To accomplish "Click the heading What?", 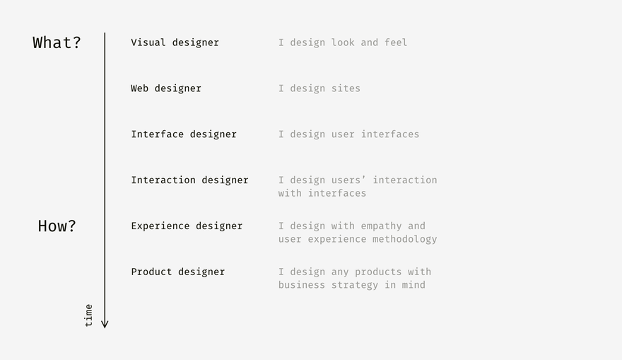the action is click(x=57, y=42).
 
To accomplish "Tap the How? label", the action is click(x=57, y=226).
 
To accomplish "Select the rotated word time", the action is click(x=88, y=315).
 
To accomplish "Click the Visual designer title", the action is click(x=175, y=42).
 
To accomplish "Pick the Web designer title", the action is click(x=166, y=88).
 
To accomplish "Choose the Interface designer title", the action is click(x=184, y=134).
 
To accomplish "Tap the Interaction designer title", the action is click(x=189, y=180).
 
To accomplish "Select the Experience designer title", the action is click(x=187, y=226).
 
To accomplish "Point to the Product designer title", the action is click(x=177, y=272).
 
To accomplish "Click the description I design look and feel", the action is click(x=343, y=42).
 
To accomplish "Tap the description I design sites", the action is click(x=319, y=88).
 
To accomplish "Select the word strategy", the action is click(x=355, y=285).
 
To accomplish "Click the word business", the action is click(x=302, y=285).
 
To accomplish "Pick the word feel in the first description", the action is click(x=396, y=42).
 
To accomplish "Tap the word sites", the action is click(x=346, y=88).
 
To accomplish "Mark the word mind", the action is click(x=413, y=285).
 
